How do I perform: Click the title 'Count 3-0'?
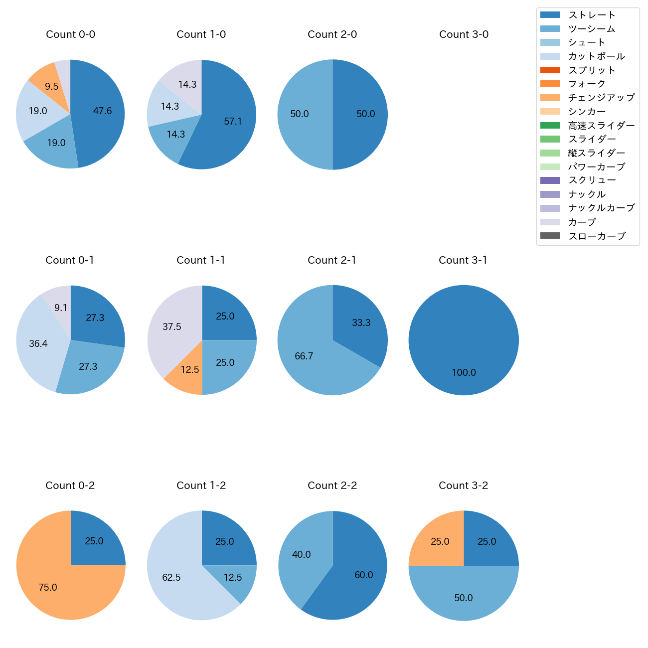point(464,34)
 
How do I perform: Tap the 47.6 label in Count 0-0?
point(102,111)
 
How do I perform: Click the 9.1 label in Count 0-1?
point(61,308)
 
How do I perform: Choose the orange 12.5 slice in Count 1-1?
point(187,374)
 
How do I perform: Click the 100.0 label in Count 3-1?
point(464,373)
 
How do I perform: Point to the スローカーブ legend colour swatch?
point(550,236)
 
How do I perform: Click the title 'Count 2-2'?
point(332,486)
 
